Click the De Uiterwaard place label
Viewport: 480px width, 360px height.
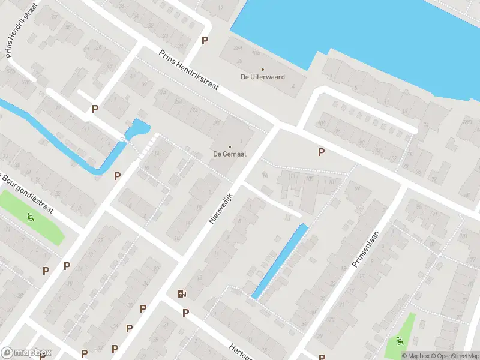(x=262, y=77)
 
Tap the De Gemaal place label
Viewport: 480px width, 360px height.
(x=229, y=154)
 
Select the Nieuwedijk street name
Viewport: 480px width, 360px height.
(x=220, y=205)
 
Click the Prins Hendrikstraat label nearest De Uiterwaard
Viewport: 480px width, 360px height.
(x=188, y=70)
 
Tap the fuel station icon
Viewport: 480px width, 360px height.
(x=181, y=293)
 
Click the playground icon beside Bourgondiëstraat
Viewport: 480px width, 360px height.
(x=30, y=217)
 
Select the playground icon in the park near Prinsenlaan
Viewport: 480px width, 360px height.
(x=400, y=341)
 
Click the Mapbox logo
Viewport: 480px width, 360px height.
(x=26, y=353)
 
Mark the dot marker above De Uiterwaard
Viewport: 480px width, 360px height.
(x=262, y=70)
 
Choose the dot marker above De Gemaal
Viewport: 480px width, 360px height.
(x=229, y=146)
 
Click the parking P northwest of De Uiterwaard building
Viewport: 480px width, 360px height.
(x=205, y=41)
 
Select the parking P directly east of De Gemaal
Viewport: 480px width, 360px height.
(x=321, y=152)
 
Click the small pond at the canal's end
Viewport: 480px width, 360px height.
(x=139, y=127)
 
